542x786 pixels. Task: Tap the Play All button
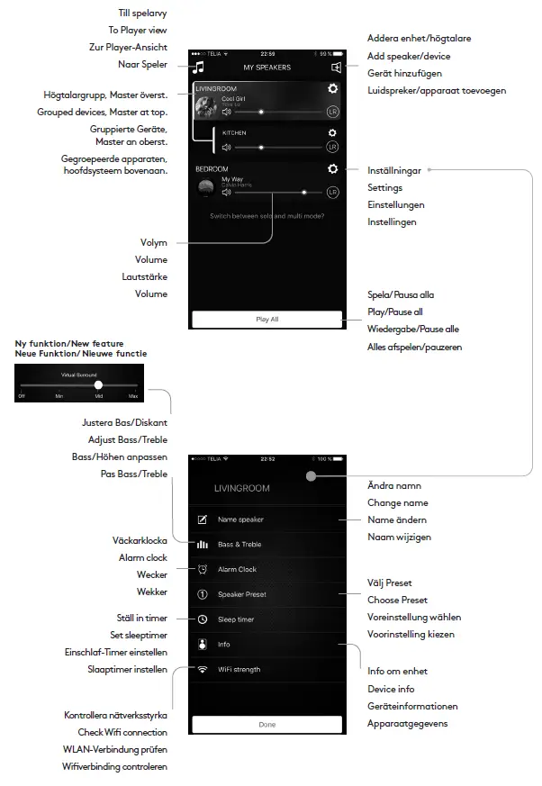click(266, 319)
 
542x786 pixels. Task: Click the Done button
click(266, 724)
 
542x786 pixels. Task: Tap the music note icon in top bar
click(200, 67)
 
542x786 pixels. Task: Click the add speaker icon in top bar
click(335, 67)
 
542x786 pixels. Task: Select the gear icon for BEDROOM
click(333, 169)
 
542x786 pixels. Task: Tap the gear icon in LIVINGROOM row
click(333, 88)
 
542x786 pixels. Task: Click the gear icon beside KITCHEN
click(332, 132)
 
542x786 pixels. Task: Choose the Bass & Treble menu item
click(239, 545)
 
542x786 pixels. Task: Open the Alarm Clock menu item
click(237, 569)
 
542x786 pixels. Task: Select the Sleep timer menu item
click(235, 619)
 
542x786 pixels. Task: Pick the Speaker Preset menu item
click(241, 594)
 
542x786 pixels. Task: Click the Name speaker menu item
click(239, 519)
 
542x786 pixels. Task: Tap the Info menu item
click(224, 645)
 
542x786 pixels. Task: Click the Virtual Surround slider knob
click(98, 384)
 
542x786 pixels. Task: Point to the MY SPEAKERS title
click(266, 68)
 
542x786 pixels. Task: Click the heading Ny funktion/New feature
click(70, 344)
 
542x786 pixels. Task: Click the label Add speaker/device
click(410, 57)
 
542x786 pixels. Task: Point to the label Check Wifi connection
click(122, 733)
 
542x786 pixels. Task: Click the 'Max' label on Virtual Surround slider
click(133, 396)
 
